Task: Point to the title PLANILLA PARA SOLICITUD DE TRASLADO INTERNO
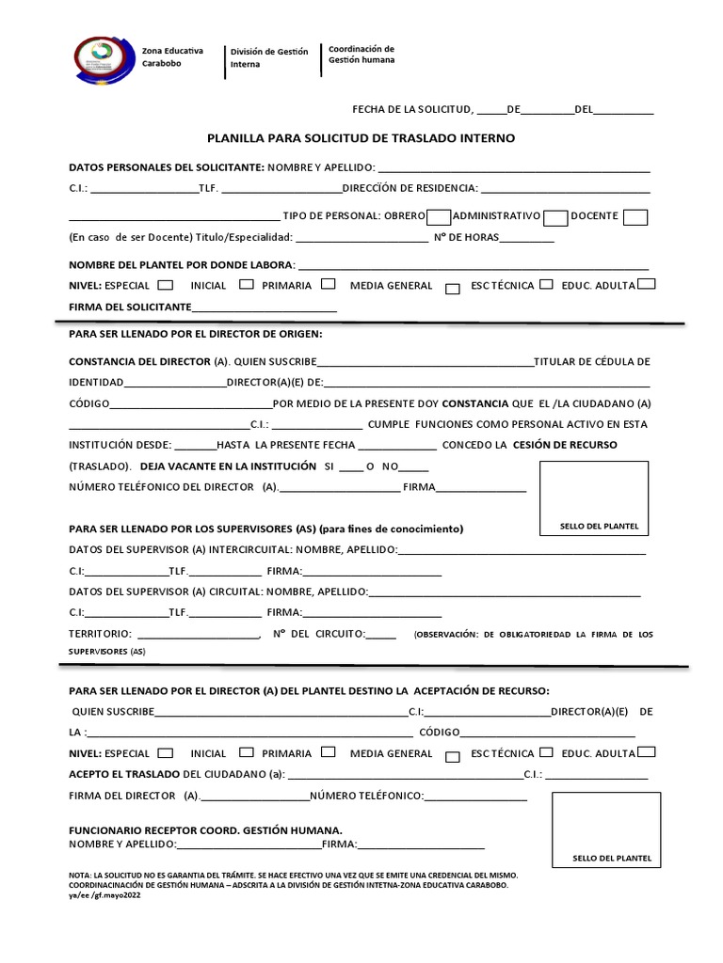click(x=361, y=137)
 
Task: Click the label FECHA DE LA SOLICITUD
click(x=412, y=109)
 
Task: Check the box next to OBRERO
click(x=439, y=216)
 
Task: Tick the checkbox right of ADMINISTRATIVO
click(x=555, y=217)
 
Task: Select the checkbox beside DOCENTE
click(x=635, y=216)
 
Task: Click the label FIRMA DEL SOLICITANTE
click(x=130, y=308)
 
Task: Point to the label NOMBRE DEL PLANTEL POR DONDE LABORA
click(x=182, y=264)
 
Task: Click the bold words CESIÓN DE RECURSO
click(x=565, y=445)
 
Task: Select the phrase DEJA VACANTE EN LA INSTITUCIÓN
click(x=228, y=466)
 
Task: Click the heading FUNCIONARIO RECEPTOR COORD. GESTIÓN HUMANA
click(x=205, y=830)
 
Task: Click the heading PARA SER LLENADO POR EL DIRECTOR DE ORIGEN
click(x=196, y=334)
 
